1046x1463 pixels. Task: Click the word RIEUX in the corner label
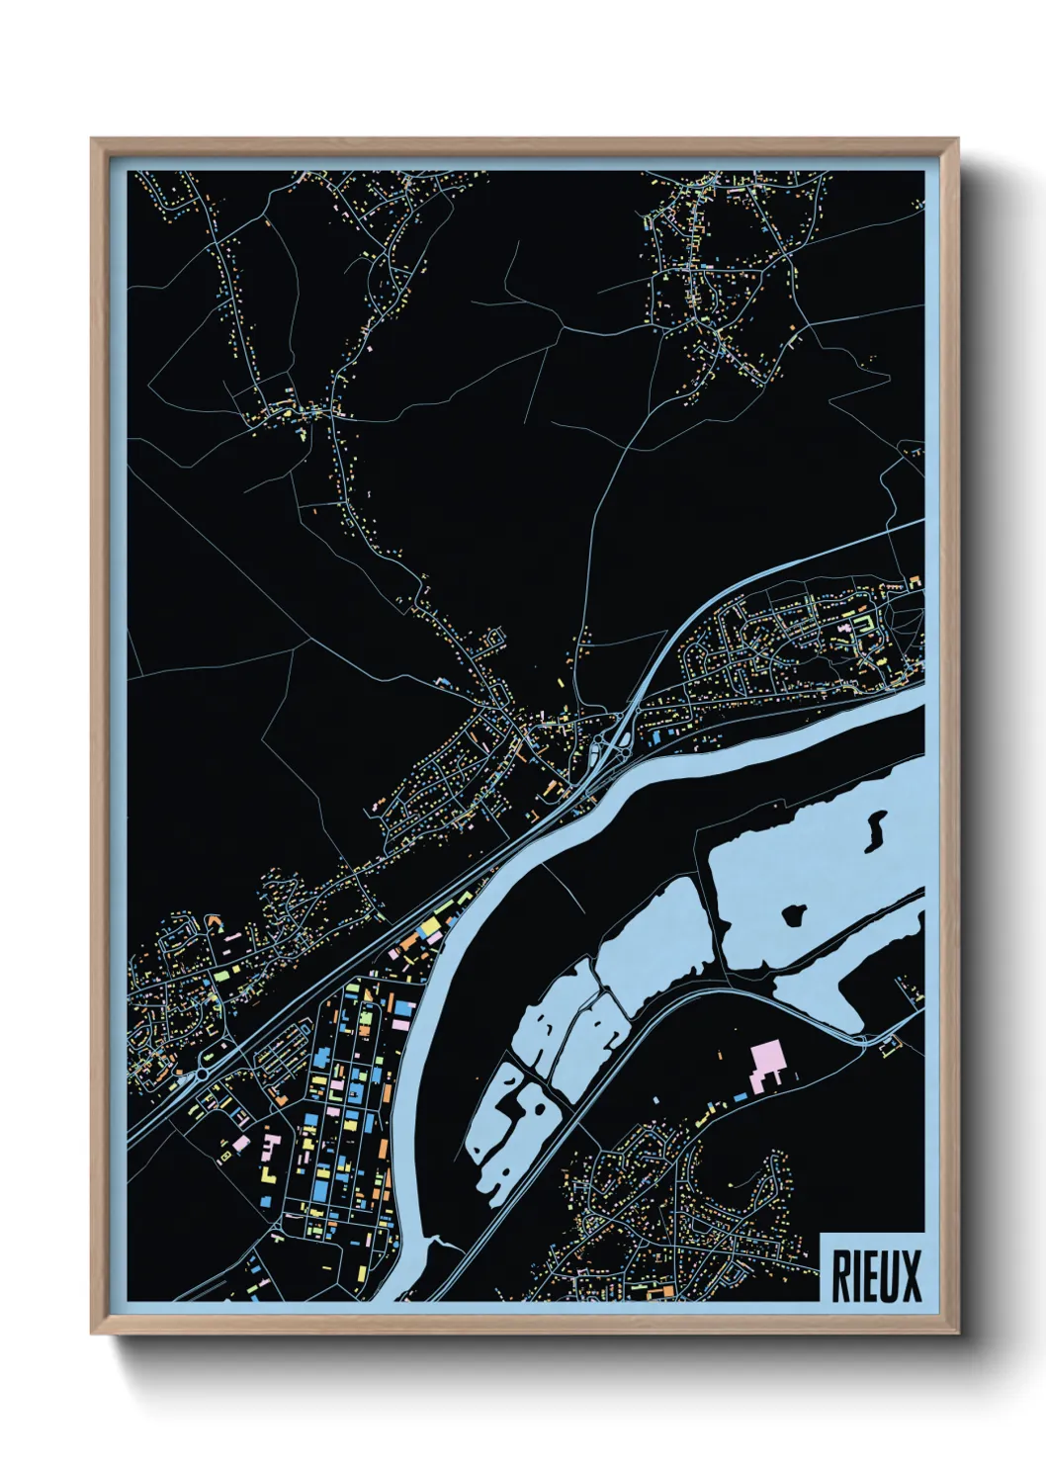876,1275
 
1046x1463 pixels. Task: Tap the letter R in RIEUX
839,1276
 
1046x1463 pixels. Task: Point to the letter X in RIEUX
911,1276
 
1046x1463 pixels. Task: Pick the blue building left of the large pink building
740,1096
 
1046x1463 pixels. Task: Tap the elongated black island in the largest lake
875,831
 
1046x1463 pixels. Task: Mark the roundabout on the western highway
205,1071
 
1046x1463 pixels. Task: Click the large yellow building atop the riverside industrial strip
431,926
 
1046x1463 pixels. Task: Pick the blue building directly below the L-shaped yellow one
265,1200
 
